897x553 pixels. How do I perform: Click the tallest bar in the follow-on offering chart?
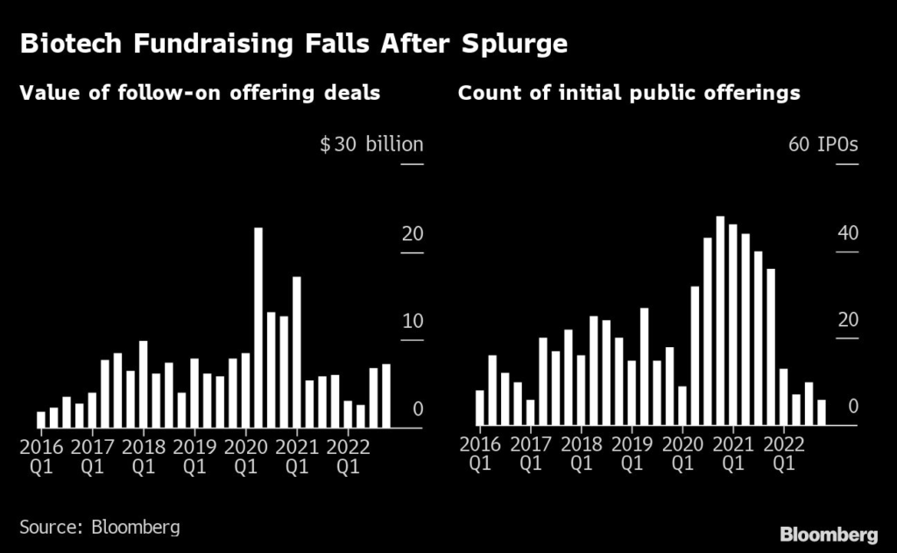click(x=258, y=328)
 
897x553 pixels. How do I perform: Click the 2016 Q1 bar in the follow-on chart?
click(x=40, y=420)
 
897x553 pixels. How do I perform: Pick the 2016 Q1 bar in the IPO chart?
click(x=480, y=408)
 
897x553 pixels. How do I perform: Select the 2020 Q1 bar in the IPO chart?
click(x=682, y=406)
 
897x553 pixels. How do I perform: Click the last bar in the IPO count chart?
click(x=822, y=413)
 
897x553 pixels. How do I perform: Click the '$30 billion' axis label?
click(x=371, y=145)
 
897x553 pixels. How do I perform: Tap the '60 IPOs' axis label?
click(x=823, y=145)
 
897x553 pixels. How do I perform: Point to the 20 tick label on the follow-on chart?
click(x=413, y=234)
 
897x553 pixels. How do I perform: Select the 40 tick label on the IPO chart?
click(x=848, y=234)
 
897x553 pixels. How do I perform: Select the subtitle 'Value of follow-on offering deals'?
click(x=201, y=93)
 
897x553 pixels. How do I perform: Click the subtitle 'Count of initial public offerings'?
click(x=629, y=93)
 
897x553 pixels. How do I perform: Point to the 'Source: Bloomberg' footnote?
click(x=100, y=527)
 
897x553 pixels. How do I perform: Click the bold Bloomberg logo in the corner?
click(x=829, y=534)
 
